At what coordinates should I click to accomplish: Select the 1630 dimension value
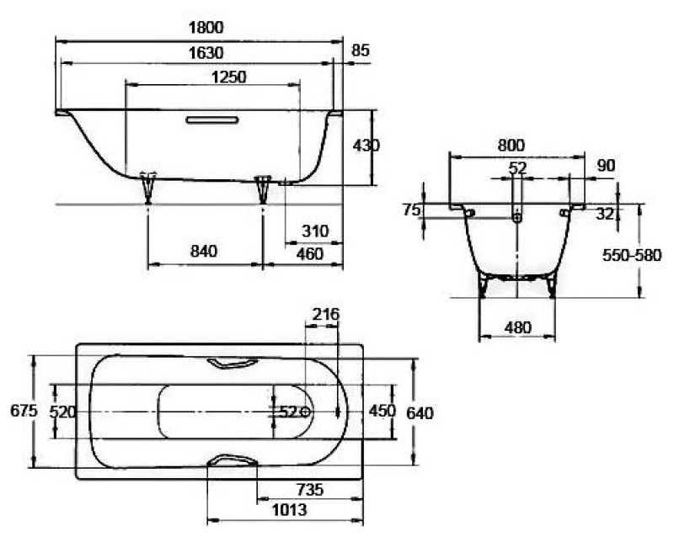(206, 52)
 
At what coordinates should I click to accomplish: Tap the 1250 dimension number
(228, 77)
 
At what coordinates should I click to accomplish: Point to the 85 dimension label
(360, 50)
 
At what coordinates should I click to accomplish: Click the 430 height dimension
(366, 146)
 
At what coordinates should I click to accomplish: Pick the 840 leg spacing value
(204, 251)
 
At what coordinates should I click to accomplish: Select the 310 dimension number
(315, 231)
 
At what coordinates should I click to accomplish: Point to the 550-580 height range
(632, 255)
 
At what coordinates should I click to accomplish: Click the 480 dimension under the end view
(517, 327)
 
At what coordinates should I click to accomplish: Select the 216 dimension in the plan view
(325, 315)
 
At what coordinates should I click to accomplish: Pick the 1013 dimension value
(289, 510)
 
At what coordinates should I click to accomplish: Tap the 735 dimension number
(310, 489)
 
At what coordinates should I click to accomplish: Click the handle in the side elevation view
(212, 119)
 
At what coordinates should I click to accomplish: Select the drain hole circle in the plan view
(305, 412)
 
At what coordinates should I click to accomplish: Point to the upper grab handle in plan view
(233, 363)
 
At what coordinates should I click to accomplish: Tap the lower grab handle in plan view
(233, 459)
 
